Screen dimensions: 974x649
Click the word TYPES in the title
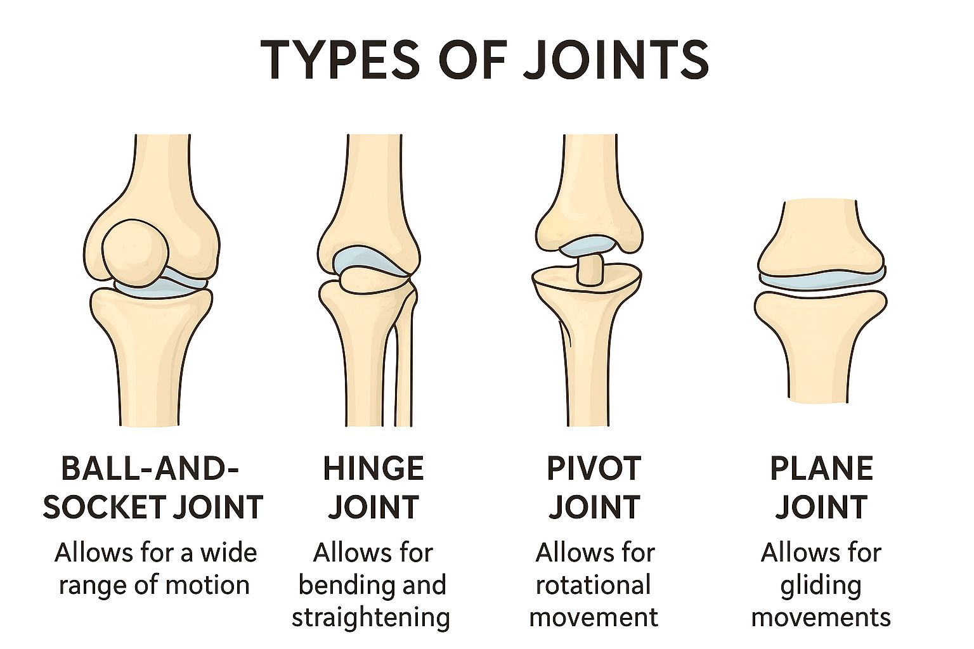[x=340, y=60]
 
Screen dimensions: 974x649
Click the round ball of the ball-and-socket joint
[x=135, y=252]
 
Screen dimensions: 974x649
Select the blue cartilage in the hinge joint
[x=370, y=262]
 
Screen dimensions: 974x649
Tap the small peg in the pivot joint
[x=589, y=269]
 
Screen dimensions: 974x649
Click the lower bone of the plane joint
[x=820, y=344]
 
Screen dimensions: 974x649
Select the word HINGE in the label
[x=373, y=469]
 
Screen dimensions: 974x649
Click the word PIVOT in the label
[x=594, y=469]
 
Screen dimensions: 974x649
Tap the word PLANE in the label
[x=821, y=469]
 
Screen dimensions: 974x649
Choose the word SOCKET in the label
[x=103, y=507]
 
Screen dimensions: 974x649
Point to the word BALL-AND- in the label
[x=150, y=469]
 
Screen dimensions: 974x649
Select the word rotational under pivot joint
[x=593, y=585]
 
